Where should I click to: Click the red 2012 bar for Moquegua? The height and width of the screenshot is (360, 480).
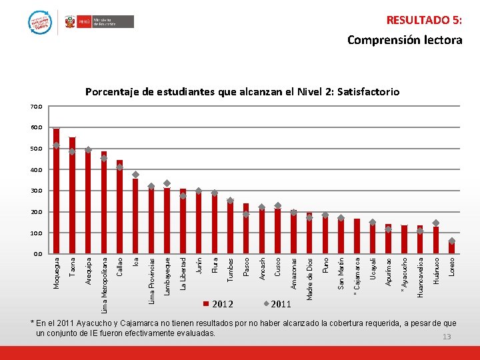(57, 191)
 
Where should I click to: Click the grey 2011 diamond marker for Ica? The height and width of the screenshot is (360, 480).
(135, 175)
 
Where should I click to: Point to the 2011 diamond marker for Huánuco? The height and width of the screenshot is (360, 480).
(436, 223)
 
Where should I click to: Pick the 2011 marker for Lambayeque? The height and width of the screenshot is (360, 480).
(167, 183)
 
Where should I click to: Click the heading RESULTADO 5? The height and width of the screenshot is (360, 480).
(424, 20)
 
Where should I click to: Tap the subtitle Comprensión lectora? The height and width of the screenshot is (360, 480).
(405, 40)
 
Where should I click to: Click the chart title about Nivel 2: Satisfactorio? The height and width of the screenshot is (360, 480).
(242, 91)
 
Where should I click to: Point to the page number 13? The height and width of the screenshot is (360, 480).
(447, 337)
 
